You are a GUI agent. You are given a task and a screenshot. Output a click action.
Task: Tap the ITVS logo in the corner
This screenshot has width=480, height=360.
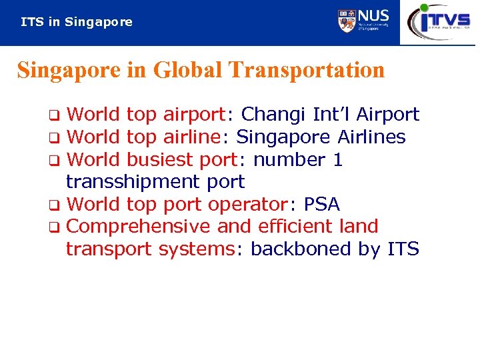point(439,21)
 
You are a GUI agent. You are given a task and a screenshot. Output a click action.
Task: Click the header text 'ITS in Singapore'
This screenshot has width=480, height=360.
point(77,22)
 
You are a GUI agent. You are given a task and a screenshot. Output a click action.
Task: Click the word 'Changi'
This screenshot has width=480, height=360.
point(274,115)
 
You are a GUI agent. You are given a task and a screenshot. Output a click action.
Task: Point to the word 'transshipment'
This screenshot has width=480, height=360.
point(123,182)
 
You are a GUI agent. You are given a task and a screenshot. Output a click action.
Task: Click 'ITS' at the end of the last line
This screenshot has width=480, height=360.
point(403,249)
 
